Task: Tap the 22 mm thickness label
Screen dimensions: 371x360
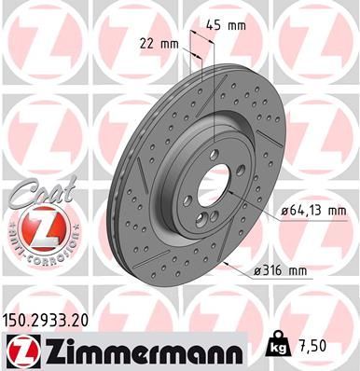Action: tap(158, 44)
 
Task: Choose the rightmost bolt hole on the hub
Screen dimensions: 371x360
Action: tap(242, 171)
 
